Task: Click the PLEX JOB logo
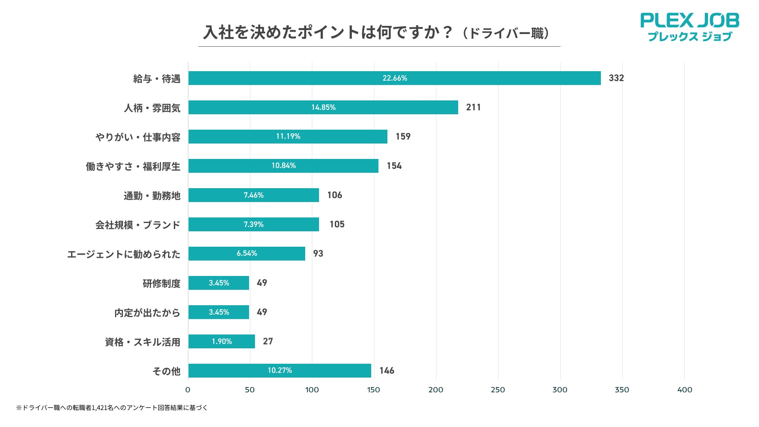click(689, 27)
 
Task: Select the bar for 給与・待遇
click(394, 78)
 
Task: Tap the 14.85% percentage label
click(323, 107)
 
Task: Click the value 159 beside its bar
click(403, 136)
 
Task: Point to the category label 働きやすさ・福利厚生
click(133, 166)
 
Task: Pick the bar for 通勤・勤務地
click(253, 195)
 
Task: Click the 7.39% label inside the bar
click(253, 224)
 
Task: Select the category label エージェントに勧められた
click(124, 254)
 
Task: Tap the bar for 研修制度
click(219, 283)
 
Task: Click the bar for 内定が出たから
click(219, 312)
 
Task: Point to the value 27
click(268, 341)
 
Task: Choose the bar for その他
click(279, 370)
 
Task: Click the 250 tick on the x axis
click(498, 390)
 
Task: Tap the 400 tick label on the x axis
click(685, 390)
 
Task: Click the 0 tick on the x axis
click(188, 390)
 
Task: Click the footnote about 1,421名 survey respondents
click(112, 408)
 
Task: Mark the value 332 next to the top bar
click(616, 78)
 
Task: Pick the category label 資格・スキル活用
click(142, 342)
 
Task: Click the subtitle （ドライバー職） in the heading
click(507, 34)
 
